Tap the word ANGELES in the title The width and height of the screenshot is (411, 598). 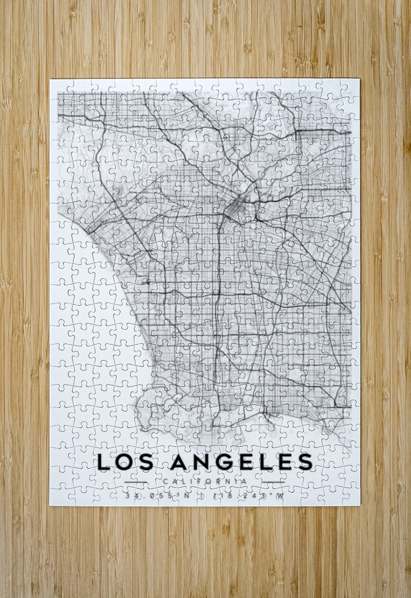point(242,462)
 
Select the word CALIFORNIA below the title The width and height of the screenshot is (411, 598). point(205,481)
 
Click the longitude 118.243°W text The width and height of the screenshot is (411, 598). point(248,496)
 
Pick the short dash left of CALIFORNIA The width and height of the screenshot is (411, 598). point(136,481)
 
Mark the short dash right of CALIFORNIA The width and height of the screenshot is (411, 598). point(273,481)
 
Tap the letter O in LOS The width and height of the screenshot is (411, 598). point(127,462)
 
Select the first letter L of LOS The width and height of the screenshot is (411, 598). point(104,462)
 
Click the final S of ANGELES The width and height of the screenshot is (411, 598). point(305,462)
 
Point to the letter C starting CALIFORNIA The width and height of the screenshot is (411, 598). point(165,481)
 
